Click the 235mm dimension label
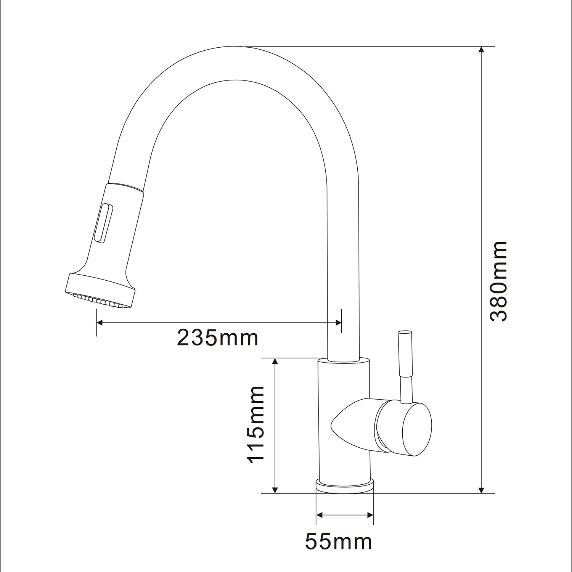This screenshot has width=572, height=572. click(218, 337)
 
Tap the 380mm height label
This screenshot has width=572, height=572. click(498, 281)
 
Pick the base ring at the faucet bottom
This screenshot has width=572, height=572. click(345, 487)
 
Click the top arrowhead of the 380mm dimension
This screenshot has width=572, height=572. click(482, 51)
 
